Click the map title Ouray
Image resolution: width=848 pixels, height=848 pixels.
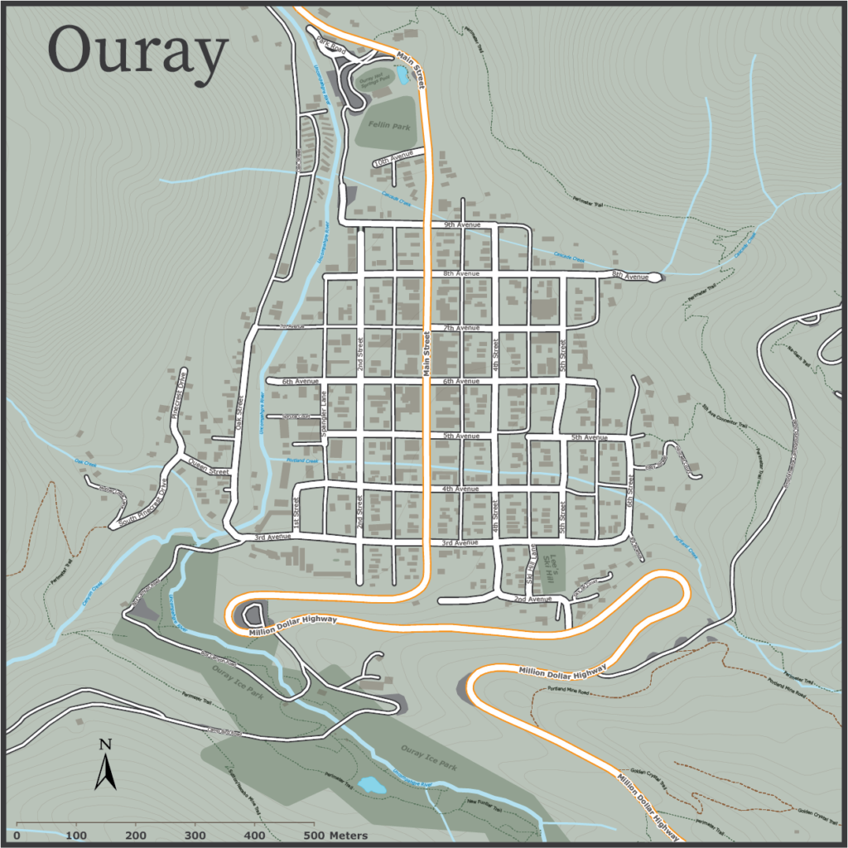(137, 51)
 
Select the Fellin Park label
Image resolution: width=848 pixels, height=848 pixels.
(389, 126)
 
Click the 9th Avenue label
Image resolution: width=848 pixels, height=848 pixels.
(461, 224)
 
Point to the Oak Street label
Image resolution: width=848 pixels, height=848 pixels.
(239, 414)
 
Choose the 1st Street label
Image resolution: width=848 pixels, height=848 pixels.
(296, 511)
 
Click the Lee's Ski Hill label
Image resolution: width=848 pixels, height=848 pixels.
(552, 567)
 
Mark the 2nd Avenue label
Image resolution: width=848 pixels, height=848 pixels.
(532, 599)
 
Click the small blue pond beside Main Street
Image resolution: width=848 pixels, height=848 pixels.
(403, 76)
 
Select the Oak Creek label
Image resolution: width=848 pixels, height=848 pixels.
(86, 464)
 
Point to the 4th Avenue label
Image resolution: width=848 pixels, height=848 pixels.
(461, 489)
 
